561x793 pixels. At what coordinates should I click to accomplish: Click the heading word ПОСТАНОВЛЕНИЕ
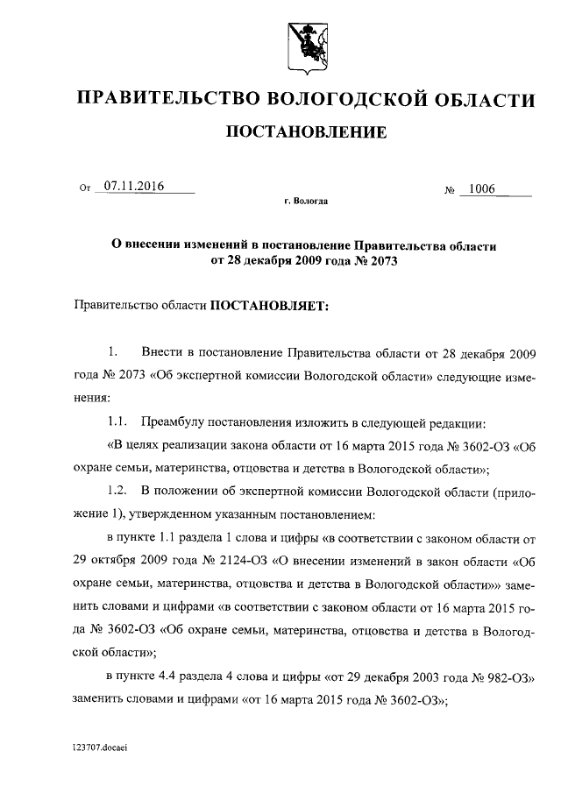pyautogui.click(x=306, y=133)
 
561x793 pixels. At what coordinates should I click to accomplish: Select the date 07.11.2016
pyautogui.click(x=135, y=186)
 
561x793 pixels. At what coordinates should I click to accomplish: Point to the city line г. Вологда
pyautogui.click(x=306, y=202)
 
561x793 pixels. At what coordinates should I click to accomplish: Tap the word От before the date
pyautogui.click(x=85, y=188)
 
